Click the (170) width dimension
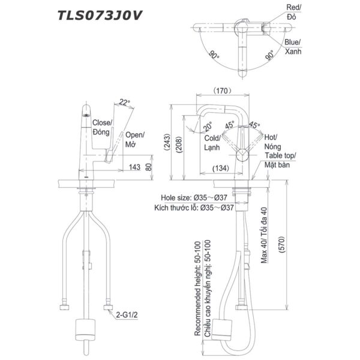[x=223, y=92]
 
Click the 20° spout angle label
[x=207, y=127]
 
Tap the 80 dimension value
[x=149, y=168]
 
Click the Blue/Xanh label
[x=293, y=47]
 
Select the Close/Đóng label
[x=102, y=127]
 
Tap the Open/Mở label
[x=135, y=140]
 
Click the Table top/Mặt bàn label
[x=281, y=160]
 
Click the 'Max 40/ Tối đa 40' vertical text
[x=265, y=232]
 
